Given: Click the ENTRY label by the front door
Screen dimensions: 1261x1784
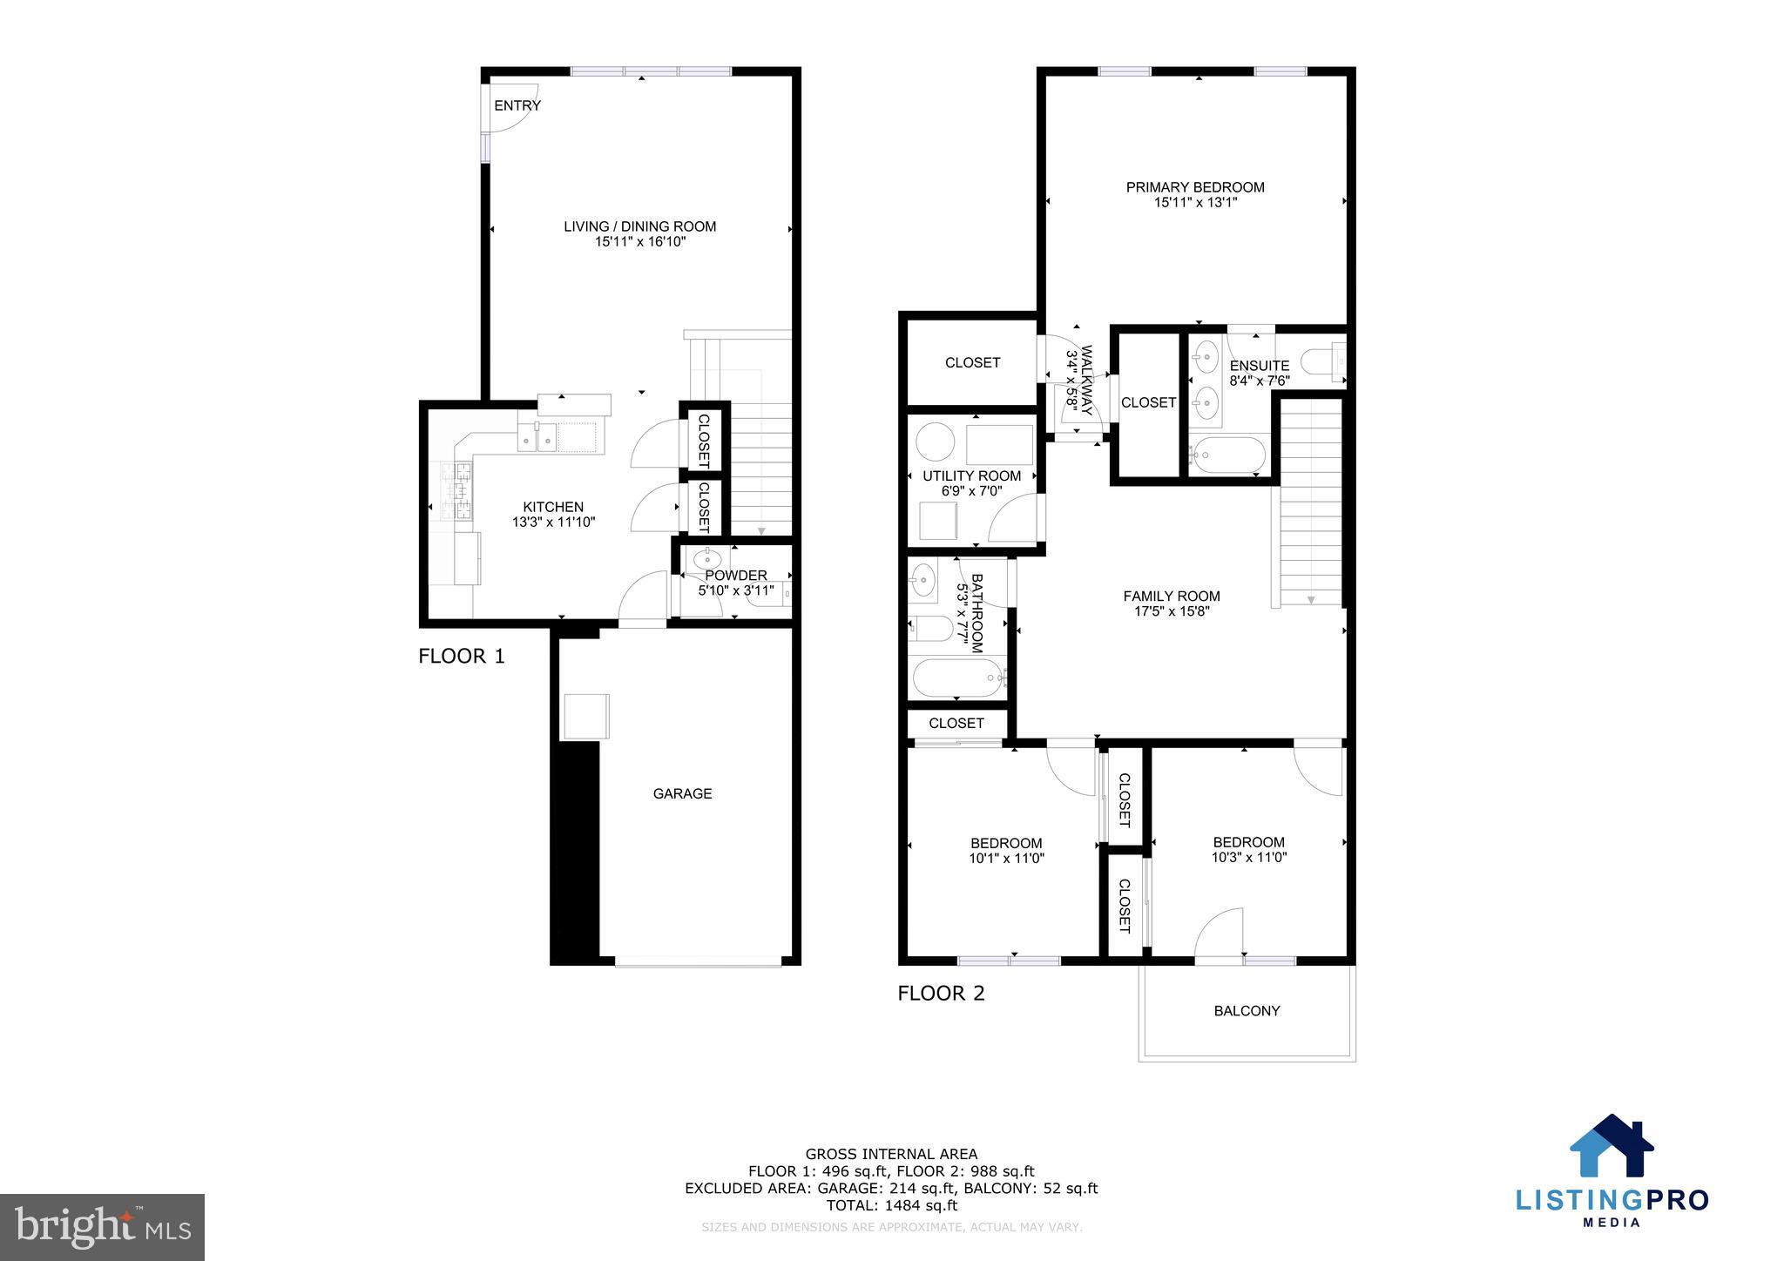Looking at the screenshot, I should pyautogui.click(x=517, y=105).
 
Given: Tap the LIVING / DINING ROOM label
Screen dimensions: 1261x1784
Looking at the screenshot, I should pyautogui.click(x=639, y=226).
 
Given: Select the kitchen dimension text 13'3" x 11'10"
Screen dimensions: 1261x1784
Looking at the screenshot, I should pyautogui.click(x=553, y=523).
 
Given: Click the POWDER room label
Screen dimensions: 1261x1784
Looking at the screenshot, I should pyautogui.click(x=736, y=576).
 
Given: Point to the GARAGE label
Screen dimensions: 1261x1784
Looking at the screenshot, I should pyautogui.click(x=682, y=793).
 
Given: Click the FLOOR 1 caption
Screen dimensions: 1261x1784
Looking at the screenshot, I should pyautogui.click(x=461, y=657).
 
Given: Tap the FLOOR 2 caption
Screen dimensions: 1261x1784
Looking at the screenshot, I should pyautogui.click(x=941, y=994).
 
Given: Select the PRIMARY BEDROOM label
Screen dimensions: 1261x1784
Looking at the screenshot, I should pyautogui.click(x=1195, y=187).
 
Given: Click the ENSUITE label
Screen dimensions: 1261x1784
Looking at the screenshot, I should pyautogui.click(x=1259, y=366).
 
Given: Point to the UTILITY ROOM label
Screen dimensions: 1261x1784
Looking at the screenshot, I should pyautogui.click(x=971, y=476).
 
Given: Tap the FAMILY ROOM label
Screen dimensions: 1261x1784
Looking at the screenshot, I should pyautogui.click(x=1171, y=597).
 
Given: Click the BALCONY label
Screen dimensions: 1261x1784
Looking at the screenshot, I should pyautogui.click(x=1247, y=1011).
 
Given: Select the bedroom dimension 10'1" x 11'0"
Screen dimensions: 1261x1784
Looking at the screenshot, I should pyautogui.click(x=1006, y=858).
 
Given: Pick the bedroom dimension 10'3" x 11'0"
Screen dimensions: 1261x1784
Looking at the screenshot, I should pyautogui.click(x=1248, y=857).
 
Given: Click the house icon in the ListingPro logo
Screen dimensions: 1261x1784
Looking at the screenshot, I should pyautogui.click(x=1611, y=1147).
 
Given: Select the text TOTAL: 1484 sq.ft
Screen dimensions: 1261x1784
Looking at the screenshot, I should pyautogui.click(x=891, y=1205).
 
